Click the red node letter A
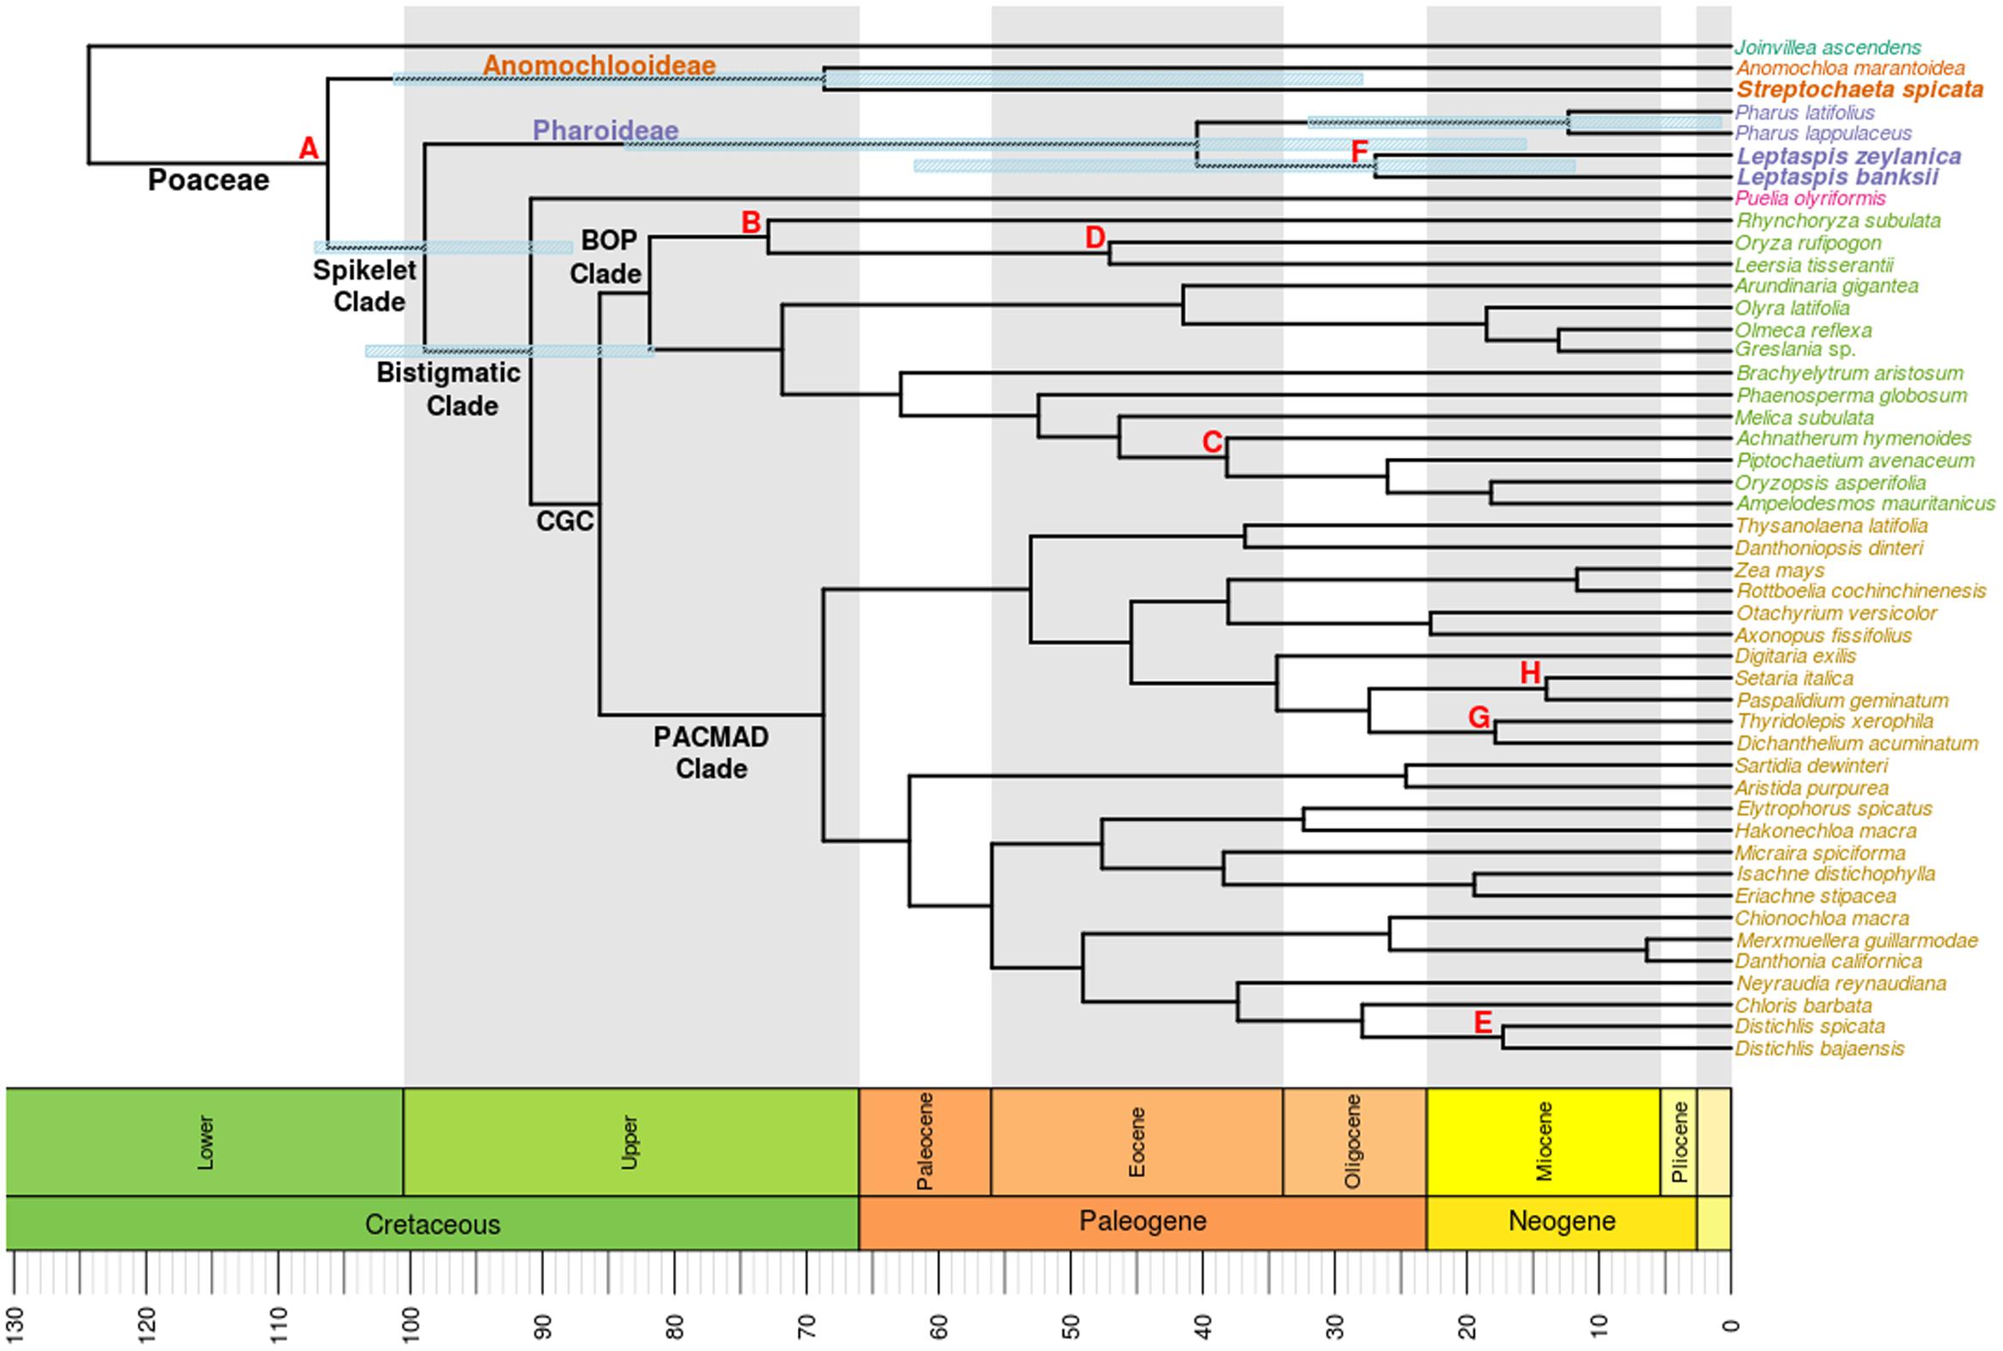click(x=308, y=149)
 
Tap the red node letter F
click(x=1359, y=152)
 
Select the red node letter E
click(x=1482, y=1022)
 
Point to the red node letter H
click(x=1529, y=673)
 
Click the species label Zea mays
click(x=1779, y=571)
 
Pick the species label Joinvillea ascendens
click(x=1828, y=47)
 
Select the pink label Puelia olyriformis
click(x=1810, y=199)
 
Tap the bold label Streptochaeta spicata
click(x=1859, y=90)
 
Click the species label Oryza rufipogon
click(x=1807, y=243)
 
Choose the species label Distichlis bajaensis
click(x=1819, y=1049)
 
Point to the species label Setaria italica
click(x=1793, y=678)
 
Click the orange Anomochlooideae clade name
click(x=599, y=66)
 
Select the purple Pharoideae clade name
click(x=606, y=130)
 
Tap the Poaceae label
click(x=209, y=180)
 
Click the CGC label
click(x=565, y=521)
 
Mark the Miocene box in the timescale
click(x=1543, y=1141)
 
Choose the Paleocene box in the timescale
click(x=925, y=1141)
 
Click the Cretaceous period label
click(x=432, y=1224)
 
